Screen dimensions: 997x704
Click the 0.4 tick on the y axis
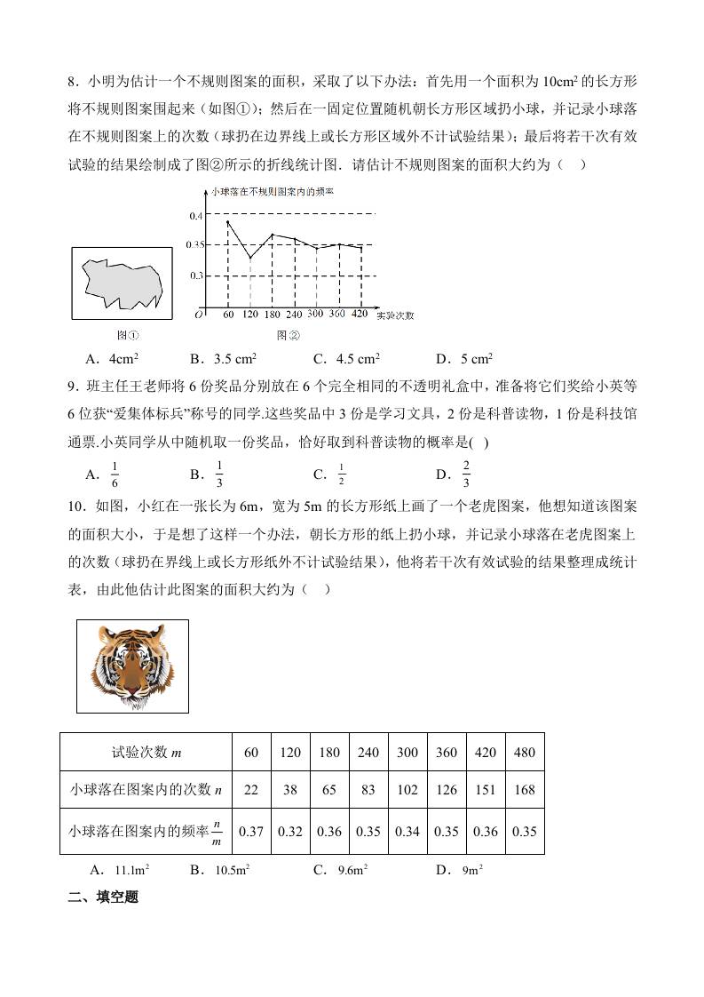coord(196,216)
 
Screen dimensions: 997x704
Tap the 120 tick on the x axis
coord(249,315)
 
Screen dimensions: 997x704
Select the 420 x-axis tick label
coord(360,315)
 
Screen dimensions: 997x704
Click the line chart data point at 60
coord(228,221)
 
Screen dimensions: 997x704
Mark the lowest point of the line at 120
coord(249,258)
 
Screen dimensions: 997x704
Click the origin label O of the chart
coord(200,314)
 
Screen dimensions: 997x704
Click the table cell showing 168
coord(525,790)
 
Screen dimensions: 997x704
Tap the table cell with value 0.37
coord(251,832)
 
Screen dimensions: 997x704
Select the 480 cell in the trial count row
coord(525,752)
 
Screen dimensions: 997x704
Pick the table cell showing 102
coord(407,790)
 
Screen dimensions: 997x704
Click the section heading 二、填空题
coord(103,897)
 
